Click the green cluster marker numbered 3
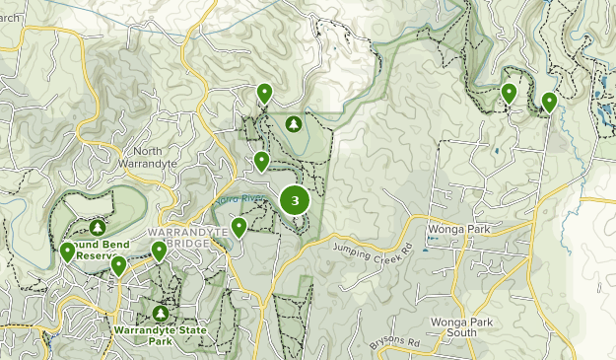pyautogui.click(x=295, y=201)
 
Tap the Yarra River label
pyautogui.click(x=240, y=200)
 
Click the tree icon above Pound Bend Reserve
pyautogui.click(x=97, y=227)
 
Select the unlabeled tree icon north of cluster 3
pyautogui.click(x=294, y=124)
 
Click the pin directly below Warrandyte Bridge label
pyautogui.click(x=159, y=251)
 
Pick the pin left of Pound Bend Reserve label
pyautogui.click(x=67, y=252)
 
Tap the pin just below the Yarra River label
pyautogui.click(x=240, y=228)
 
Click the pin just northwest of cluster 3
pyautogui.click(x=261, y=161)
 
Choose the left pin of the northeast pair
pyautogui.click(x=509, y=93)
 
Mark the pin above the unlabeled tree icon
pyautogui.click(x=264, y=93)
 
